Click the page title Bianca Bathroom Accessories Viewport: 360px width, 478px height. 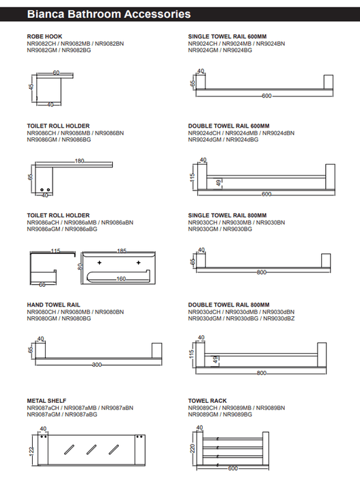pyautogui.click(x=109, y=14)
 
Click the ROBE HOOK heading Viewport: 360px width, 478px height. pyautogui.click(x=44, y=37)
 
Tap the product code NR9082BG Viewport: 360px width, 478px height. pyautogui.click(x=77, y=50)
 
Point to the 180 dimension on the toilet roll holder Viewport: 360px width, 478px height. pyautogui.click(x=79, y=161)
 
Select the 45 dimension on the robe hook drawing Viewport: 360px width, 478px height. pyautogui.click(x=31, y=87)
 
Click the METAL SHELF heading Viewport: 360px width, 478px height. pyautogui.click(x=46, y=401)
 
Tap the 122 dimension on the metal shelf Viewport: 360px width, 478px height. pyautogui.click(x=31, y=449)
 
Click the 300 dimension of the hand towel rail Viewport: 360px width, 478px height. pyautogui.click(x=97, y=365)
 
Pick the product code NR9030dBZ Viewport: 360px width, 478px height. pyautogui.click(x=279, y=319)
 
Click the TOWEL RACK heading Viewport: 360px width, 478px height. pyautogui.click(x=208, y=401)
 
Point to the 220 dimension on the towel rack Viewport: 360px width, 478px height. pyautogui.click(x=192, y=449)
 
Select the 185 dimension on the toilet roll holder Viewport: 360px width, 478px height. pyautogui.click(x=122, y=251)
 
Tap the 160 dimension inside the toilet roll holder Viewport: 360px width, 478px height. pyautogui.click(x=121, y=279)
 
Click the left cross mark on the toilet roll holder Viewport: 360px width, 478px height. pyautogui.click(x=99, y=262)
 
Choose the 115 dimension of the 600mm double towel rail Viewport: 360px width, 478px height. pyautogui.click(x=192, y=178)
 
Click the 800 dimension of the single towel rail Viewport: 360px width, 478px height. pyautogui.click(x=262, y=272)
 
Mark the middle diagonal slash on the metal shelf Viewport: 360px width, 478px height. pyautogui.click(x=92, y=449)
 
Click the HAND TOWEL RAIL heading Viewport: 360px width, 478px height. pyautogui.click(x=53, y=305)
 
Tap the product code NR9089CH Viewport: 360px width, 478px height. pyautogui.click(x=203, y=408)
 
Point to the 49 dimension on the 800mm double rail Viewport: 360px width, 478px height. pyautogui.click(x=215, y=360)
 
